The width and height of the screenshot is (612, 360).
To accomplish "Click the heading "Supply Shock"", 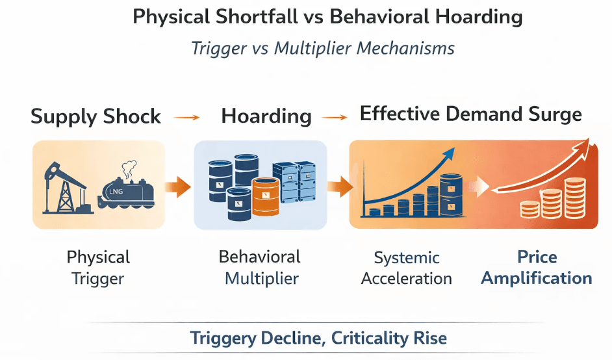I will point(96,117).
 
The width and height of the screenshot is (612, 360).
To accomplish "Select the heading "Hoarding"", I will point(266,116).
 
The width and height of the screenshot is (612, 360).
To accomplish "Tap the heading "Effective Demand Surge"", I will point(470,115).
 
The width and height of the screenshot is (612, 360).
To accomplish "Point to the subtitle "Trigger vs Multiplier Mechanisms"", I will point(323,49).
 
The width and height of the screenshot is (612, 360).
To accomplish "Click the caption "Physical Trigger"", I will point(98,268).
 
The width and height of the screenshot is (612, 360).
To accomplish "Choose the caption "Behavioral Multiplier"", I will point(260,268).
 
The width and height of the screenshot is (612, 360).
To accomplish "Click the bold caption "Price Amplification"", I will point(537,268).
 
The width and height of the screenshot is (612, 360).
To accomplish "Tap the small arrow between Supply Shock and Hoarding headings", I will point(188,118).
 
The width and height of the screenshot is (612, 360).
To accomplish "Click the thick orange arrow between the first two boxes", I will point(178,188).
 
